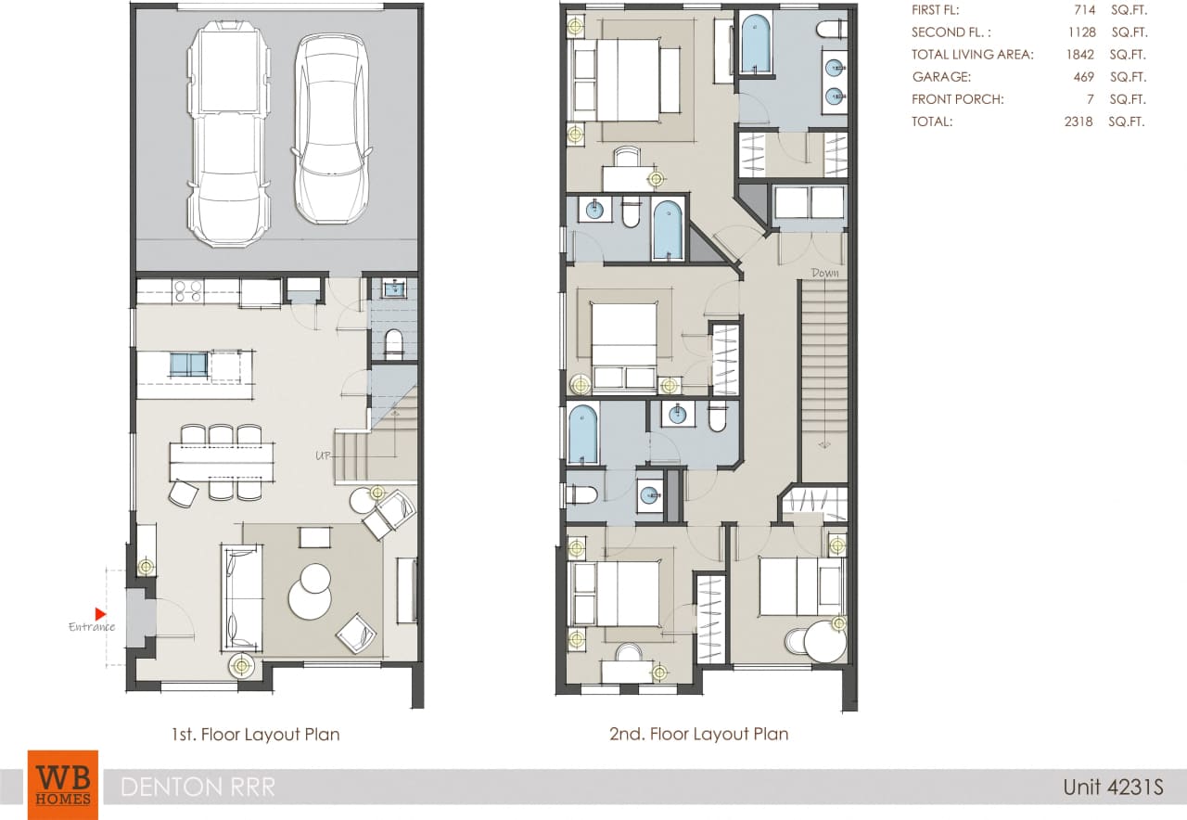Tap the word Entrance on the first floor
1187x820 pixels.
pyautogui.click(x=92, y=627)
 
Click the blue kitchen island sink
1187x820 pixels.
pyautogui.click(x=188, y=365)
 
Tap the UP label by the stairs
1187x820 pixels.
pyautogui.click(x=324, y=455)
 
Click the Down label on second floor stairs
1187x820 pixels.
pyautogui.click(x=824, y=273)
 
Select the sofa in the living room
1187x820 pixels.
pyautogui.click(x=242, y=598)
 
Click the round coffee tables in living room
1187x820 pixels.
pyautogui.click(x=311, y=592)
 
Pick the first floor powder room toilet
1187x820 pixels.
pyautogui.click(x=393, y=343)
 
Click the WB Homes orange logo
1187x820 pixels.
pyautogui.click(x=62, y=785)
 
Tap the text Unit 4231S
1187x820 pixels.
pyautogui.click(x=1113, y=788)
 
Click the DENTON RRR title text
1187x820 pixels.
pyautogui.click(x=198, y=788)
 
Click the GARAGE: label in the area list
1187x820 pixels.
pyautogui.click(x=941, y=77)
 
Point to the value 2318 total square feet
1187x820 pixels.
pyautogui.click(x=1079, y=122)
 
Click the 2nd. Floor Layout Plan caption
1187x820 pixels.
pyautogui.click(x=698, y=734)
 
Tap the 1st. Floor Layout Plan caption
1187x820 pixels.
pyautogui.click(x=255, y=735)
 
